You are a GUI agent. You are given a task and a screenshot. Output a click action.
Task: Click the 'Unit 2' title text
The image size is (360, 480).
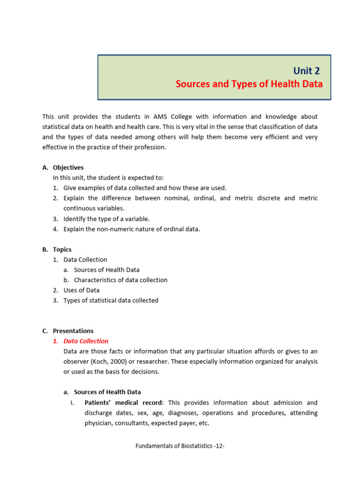(307, 71)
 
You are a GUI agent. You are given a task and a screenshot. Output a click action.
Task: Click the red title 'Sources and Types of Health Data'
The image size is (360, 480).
(249, 84)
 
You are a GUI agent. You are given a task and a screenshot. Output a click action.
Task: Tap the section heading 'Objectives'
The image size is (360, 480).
(68, 167)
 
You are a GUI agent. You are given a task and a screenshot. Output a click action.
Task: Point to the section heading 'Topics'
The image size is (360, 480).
(62, 249)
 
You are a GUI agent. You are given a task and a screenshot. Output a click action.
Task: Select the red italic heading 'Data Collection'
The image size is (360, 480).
(86, 341)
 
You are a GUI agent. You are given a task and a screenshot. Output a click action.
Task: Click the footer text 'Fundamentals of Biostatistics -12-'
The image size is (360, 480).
(180, 446)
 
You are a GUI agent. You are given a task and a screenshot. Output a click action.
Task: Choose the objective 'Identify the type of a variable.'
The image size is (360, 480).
(106, 218)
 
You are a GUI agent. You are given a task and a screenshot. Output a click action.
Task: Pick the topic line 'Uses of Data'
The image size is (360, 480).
(82, 290)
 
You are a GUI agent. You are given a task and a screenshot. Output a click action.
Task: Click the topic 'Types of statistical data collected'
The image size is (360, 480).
(111, 300)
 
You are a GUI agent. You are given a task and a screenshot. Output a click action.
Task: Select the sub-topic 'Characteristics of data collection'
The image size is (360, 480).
(120, 280)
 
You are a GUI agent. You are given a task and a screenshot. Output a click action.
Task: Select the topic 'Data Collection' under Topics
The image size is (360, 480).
(85, 260)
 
